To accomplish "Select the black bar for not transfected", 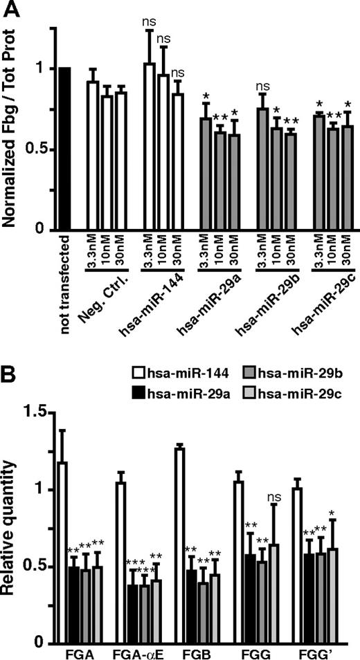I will coord(65,149).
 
